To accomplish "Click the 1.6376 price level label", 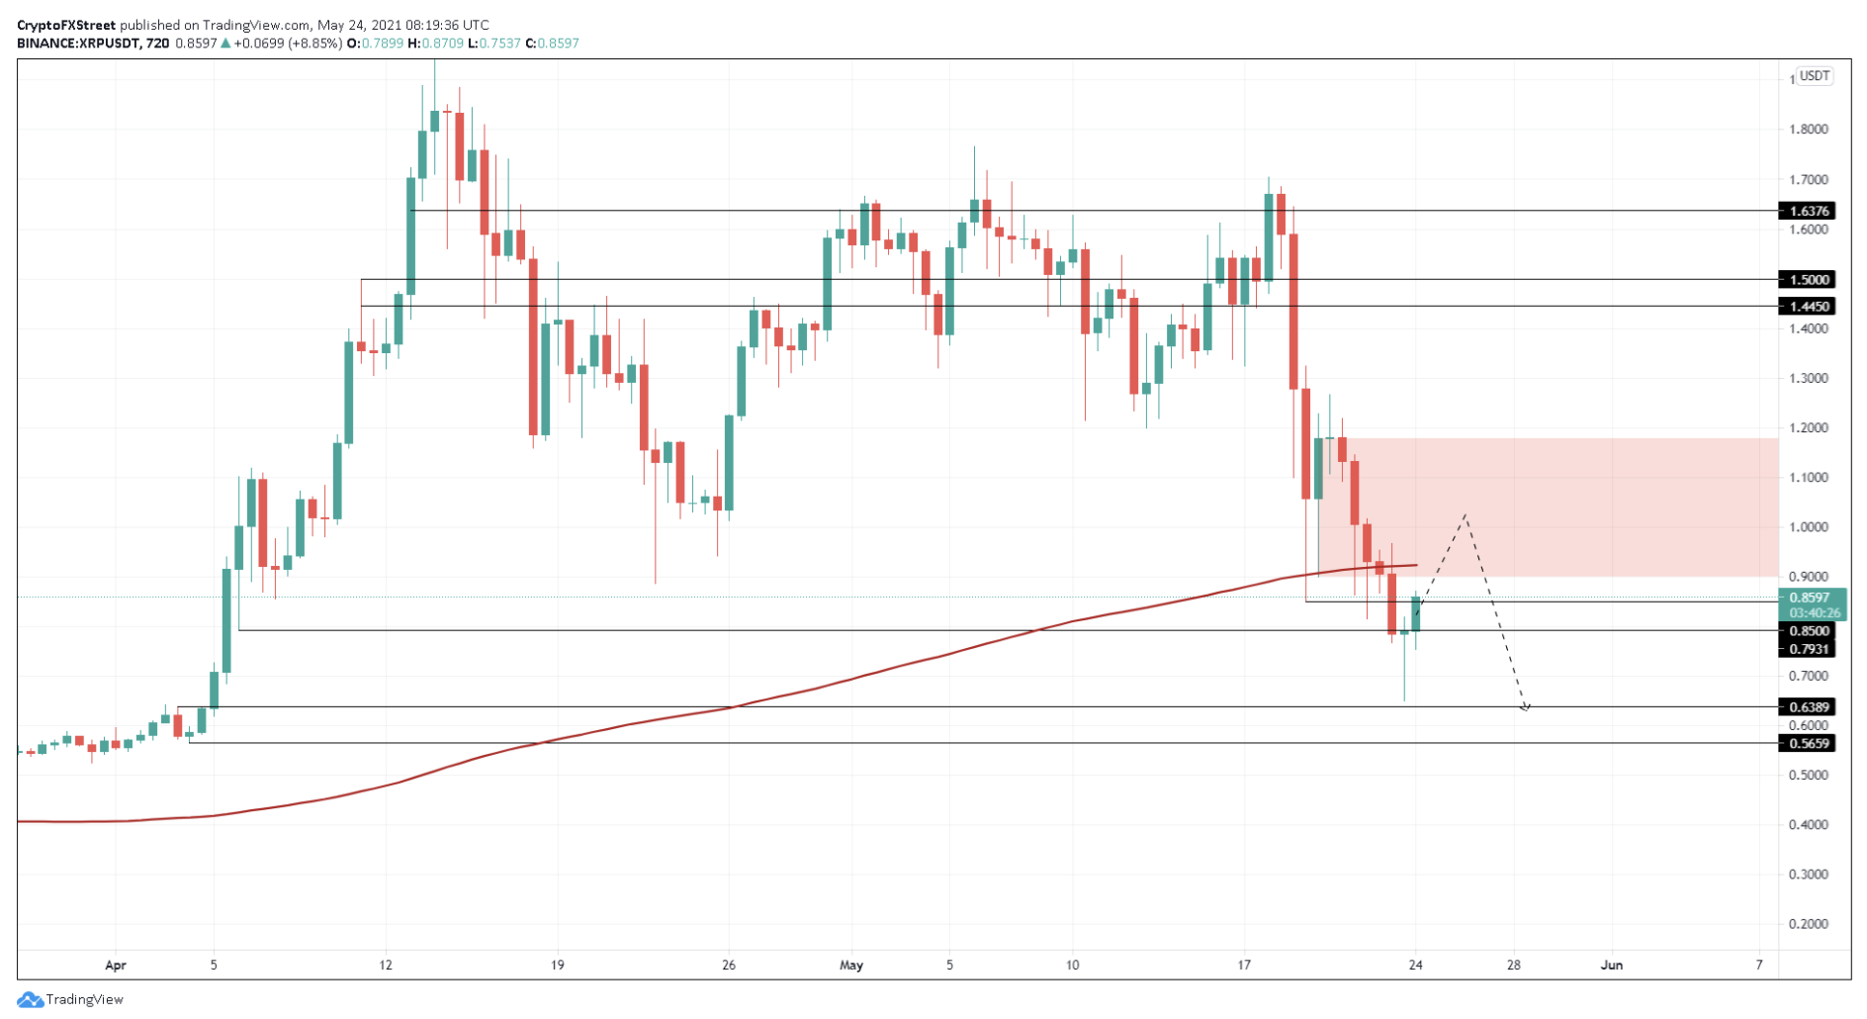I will (1807, 211).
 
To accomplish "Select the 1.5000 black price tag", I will (1807, 280).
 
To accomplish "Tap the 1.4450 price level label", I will (1807, 307).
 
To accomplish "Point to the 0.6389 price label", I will (1807, 706).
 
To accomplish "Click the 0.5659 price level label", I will (1807, 743).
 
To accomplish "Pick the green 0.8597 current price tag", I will (1809, 598).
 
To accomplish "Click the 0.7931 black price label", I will (1807, 649).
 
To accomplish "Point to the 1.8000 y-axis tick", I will (1809, 130).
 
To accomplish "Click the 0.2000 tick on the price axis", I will (1809, 924).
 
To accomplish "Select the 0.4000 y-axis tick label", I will (1809, 824).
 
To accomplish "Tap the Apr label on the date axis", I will (116, 965).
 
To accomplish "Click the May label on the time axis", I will (850, 965).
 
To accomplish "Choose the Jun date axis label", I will (1612, 965).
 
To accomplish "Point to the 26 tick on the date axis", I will (729, 965).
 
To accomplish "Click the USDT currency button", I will (1815, 76).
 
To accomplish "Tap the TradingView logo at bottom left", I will (70, 999).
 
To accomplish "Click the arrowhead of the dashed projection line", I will (1526, 707).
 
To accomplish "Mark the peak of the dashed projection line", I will (1466, 515).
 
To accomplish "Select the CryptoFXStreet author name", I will (66, 25).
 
